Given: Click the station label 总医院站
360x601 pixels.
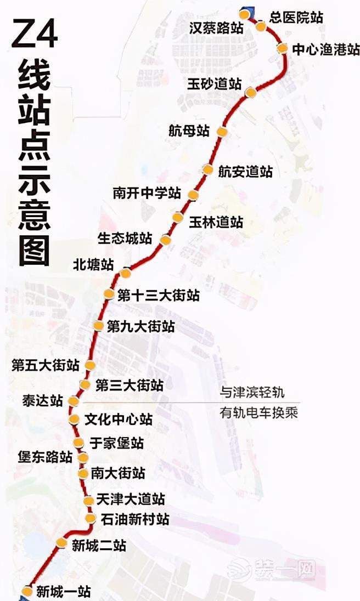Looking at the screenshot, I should tap(296, 17).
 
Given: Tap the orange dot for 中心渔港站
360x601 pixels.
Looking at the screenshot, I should tap(282, 48).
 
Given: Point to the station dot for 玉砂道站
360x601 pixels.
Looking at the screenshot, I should tap(251, 92).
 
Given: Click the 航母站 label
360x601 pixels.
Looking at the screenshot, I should tap(189, 131).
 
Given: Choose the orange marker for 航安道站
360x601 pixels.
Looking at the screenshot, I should tap(207, 169).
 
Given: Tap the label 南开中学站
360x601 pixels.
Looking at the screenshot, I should tap(147, 193).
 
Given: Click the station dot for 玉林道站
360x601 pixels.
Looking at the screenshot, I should tap(178, 217).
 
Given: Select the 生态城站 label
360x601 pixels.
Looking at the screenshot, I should tap(125, 239).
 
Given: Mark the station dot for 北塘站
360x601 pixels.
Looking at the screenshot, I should tap(126, 273).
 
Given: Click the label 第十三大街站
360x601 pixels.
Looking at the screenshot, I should tap(159, 296).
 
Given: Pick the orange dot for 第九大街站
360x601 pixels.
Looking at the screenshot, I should tap(98, 326).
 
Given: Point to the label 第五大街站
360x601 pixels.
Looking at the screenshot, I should tap(46, 365).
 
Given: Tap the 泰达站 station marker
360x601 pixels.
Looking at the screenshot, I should tap(74, 401).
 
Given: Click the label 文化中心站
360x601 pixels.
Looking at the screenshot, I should tap(119, 420).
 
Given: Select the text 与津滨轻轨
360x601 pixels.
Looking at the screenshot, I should tap(252, 393).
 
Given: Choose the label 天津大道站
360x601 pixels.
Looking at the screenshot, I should tap(130, 500).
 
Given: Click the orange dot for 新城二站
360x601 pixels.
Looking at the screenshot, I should tap(62, 543).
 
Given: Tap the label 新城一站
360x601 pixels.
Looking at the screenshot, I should tap(63, 592).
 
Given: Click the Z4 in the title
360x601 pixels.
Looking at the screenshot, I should tap(35, 35).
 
